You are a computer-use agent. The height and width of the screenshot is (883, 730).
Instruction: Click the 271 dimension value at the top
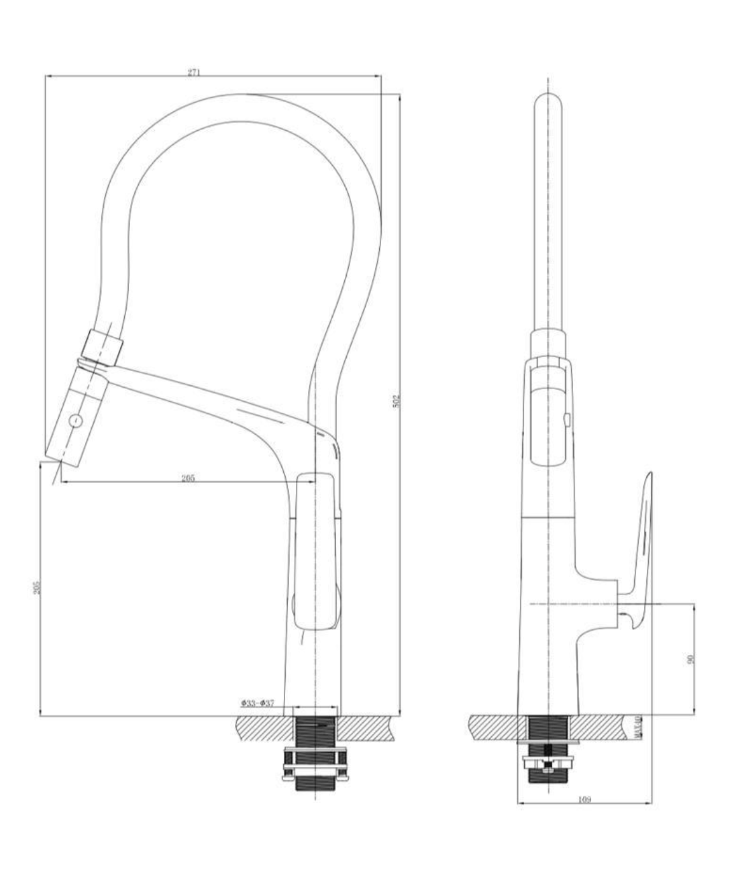point(194,72)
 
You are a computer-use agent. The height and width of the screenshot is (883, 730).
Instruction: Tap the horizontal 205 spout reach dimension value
point(188,478)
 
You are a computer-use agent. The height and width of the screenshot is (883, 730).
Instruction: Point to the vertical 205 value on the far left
point(38,587)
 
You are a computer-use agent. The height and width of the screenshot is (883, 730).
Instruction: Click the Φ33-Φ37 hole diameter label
point(257,703)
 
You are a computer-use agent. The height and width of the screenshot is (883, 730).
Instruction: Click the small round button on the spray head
point(76,421)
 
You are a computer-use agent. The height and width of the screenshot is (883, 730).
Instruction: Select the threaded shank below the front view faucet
point(315,731)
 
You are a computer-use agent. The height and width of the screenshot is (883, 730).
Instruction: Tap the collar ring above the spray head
point(102,344)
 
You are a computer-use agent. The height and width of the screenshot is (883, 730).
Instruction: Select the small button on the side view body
point(567,421)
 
